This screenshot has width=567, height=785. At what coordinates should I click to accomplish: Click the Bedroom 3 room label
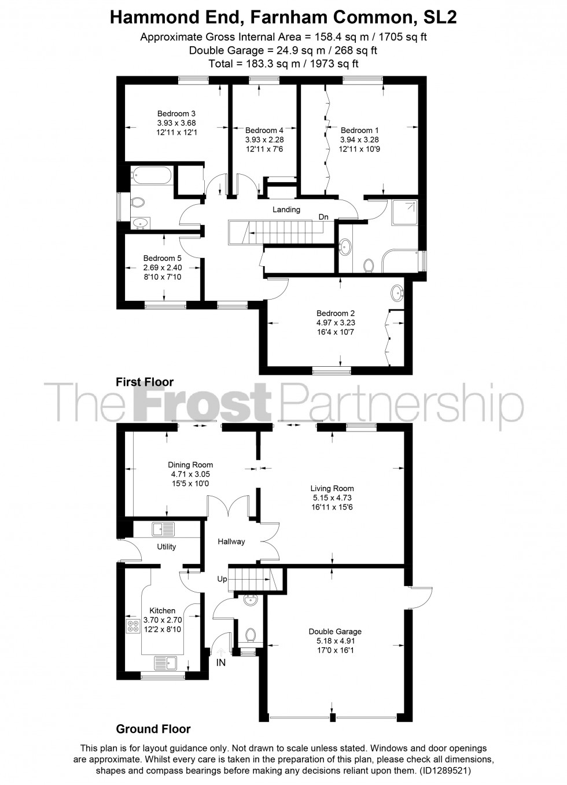(x=176, y=113)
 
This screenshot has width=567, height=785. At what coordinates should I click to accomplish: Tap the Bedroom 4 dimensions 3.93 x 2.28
(x=264, y=140)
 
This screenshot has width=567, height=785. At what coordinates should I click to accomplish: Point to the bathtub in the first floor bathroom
(x=150, y=175)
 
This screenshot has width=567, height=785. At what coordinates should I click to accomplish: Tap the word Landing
(x=286, y=209)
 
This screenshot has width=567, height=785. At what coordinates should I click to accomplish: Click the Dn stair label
(x=323, y=217)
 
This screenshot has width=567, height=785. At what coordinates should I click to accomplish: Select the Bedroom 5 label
(x=163, y=258)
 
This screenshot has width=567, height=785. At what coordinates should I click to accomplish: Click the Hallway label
(x=231, y=541)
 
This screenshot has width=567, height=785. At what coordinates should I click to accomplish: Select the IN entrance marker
(x=221, y=663)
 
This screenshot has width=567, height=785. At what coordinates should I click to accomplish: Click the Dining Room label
(x=190, y=465)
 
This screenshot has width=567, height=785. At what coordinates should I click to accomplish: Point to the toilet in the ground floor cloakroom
(x=251, y=635)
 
